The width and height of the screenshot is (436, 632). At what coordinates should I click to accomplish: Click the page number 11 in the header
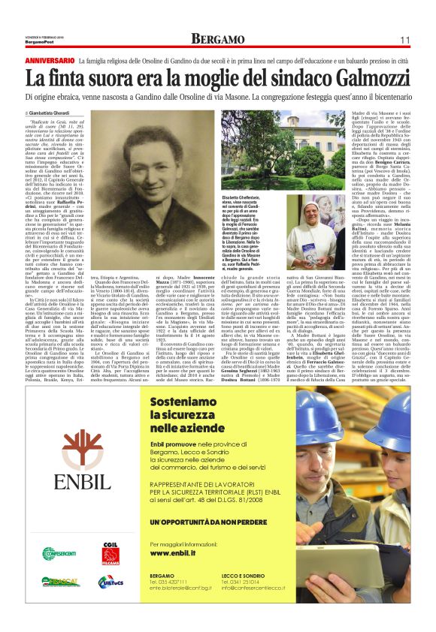pyautogui.click(x=404, y=39)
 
